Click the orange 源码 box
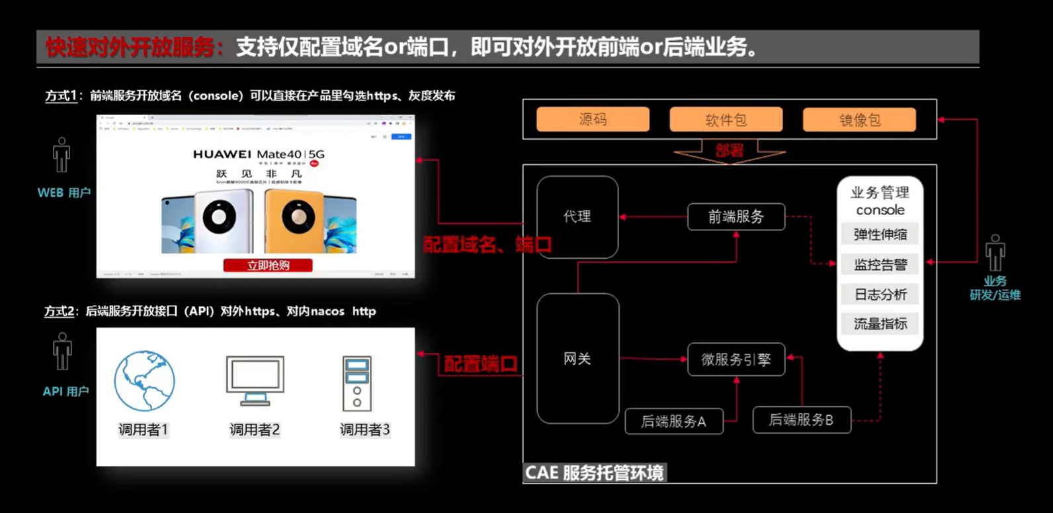click(593, 120)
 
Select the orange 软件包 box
click(726, 120)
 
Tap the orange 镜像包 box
click(859, 120)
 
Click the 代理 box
click(577, 216)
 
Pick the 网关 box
click(577, 359)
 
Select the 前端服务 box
click(736, 217)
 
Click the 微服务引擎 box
click(736, 359)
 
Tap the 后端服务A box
click(673, 422)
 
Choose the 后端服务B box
click(801, 420)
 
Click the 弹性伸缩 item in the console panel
click(880, 234)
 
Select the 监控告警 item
click(880, 265)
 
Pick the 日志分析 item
click(880, 295)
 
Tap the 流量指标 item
click(880, 324)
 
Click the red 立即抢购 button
click(268, 265)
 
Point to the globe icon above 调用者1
click(144, 381)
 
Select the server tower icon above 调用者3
click(357, 383)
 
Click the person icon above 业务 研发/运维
click(995, 253)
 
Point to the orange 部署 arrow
click(730, 152)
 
